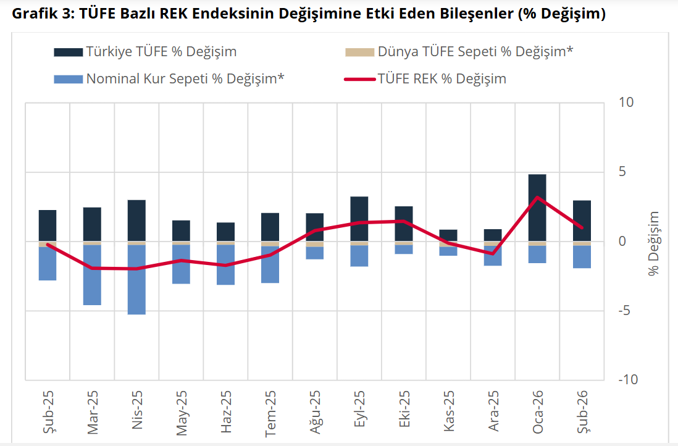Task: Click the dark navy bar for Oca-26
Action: pos(537,208)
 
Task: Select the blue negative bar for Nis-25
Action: pos(136,279)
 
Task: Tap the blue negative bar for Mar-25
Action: pos(92,275)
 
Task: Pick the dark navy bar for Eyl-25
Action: pos(359,219)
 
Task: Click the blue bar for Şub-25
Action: pos(48,263)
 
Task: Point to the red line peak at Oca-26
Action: pos(537,198)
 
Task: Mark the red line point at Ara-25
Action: pos(492,253)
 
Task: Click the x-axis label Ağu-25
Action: pos(315,413)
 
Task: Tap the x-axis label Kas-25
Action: pos(448,413)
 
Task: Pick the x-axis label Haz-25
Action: pos(226,413)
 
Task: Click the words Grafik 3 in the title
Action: pos(43,14)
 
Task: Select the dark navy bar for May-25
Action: pos(181,230)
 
